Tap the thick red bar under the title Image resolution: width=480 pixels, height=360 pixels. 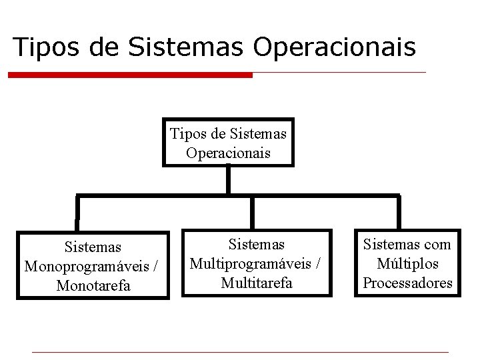(131, 75)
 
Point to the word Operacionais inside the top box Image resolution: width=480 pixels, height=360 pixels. (229, 153)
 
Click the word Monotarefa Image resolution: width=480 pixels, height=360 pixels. (93, 286)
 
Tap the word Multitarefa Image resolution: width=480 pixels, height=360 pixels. (256, 283)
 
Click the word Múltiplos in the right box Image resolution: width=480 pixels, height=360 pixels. (407, 264)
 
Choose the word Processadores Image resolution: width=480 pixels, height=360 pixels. (407, 283)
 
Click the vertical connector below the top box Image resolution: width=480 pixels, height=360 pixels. (228, 180)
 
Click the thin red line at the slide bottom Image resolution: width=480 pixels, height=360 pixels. (240, 352)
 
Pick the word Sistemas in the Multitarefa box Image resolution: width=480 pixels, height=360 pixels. (256, 245)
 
